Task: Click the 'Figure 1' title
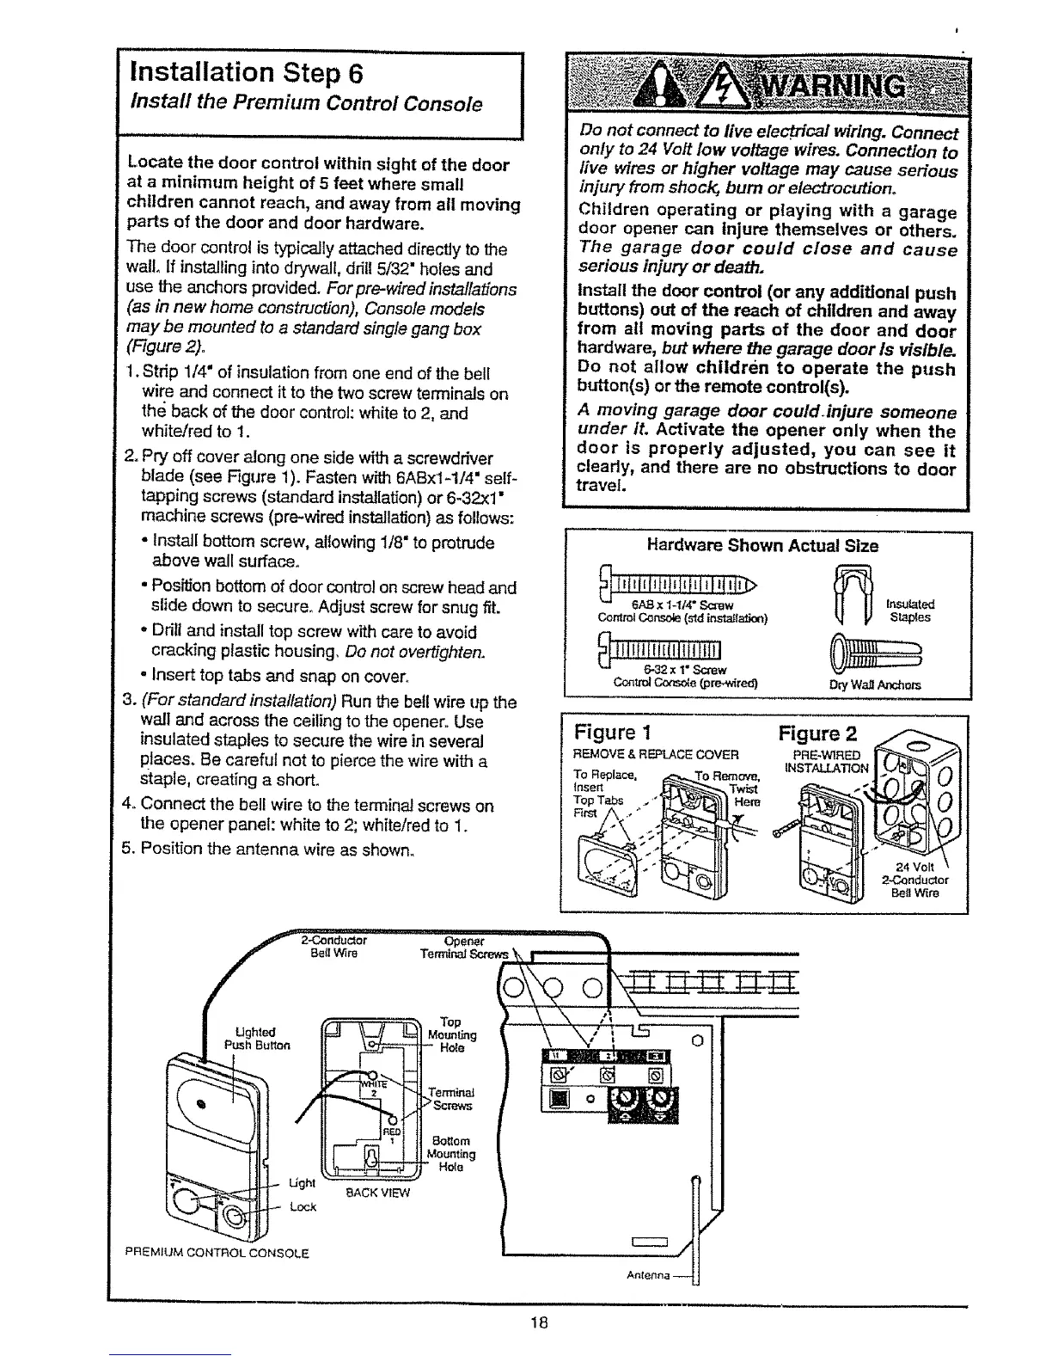click(x=607, y=733)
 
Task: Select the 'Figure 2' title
click(x=817, y=733)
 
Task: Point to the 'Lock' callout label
click(x=303, y=1206)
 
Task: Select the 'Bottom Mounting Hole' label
click(x=451, y=1154)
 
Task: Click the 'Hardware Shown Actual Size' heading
click(x=762, y=546)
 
